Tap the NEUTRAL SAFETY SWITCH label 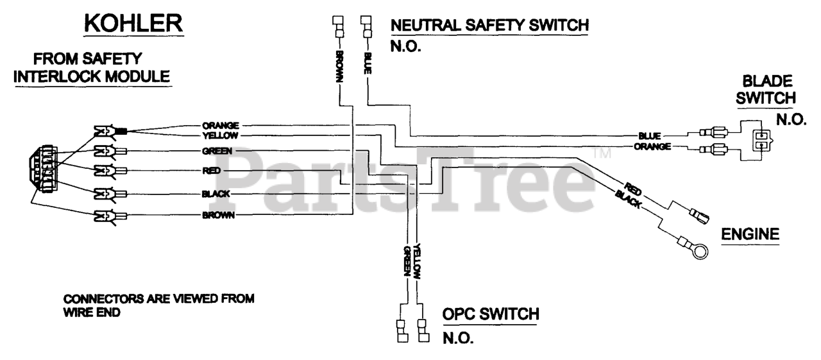[x=489, y=26]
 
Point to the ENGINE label [x=750, y=235]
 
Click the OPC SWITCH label [x=491, y=314]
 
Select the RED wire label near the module [x=211, y=170]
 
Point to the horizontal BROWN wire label [x=217, y=216]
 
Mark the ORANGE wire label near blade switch [x=653, y=146]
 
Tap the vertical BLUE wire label [x=367, y=63]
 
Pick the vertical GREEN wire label [x=406, y=261]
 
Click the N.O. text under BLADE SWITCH [x=791, y=119]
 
